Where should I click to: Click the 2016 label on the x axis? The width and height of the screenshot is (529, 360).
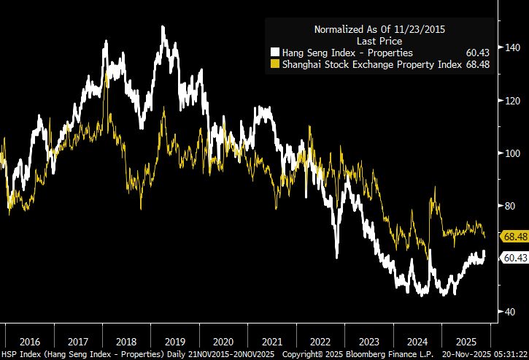[x=31, y=341]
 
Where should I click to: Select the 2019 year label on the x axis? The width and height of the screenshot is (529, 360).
[x=174, y=341]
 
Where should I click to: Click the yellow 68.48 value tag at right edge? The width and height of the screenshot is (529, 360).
[x=514, y=237]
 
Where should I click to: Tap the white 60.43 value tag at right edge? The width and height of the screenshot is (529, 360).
[x=514, y=257]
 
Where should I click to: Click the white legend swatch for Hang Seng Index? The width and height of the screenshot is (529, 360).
[x=274, y=53]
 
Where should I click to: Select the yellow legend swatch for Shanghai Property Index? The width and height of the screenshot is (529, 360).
[x=274, y=64]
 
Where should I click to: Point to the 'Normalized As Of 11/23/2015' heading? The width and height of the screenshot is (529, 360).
[x=379, y=30]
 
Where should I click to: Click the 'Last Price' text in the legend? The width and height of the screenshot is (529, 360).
[x=379, y=42]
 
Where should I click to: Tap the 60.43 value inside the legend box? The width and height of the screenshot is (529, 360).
[x=476, y=53]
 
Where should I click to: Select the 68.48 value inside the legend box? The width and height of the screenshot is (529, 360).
[x=476, y=64]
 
